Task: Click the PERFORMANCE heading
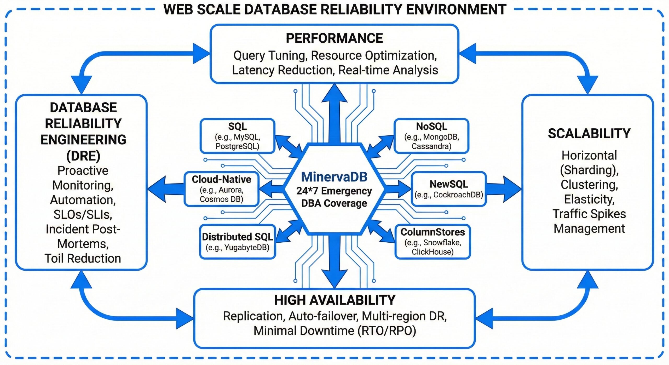click(334, 38)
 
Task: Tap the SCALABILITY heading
click(589, 134)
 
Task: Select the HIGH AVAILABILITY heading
click(335, 300)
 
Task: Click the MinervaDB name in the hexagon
click(334, 177)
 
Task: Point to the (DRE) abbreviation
click(83, 156)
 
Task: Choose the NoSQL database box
click(431, 136)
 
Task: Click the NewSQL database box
click(449, 189)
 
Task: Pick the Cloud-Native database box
click(222, 189)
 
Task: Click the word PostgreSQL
click(237, 146)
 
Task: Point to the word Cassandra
click(431, 146)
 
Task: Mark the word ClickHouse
click(432, 252)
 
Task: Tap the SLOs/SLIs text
click(83, 215)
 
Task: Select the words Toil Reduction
click(83, 259)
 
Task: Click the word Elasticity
click(589, 199)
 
